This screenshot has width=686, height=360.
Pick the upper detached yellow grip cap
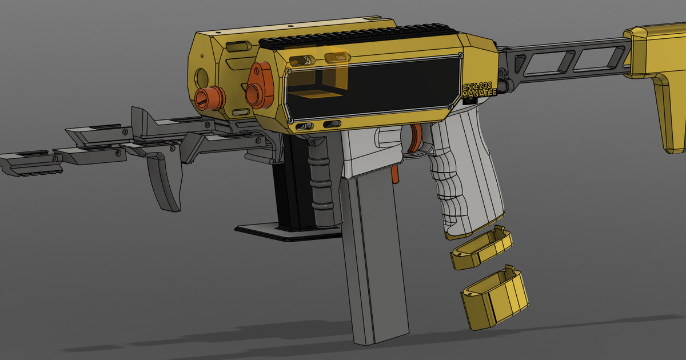(x=483, y=247)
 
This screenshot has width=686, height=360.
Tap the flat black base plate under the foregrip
(x=286, y=231)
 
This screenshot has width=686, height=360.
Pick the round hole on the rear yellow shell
(x=201, y=75)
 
